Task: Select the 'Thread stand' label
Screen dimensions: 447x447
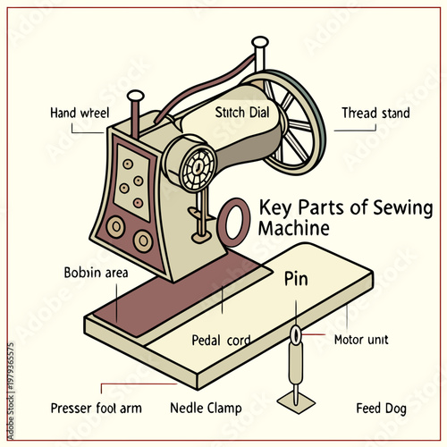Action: [x=375, y=113]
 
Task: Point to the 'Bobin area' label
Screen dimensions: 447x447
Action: [x=97, y=272]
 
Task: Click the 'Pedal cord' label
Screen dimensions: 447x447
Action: [x=221, y=340]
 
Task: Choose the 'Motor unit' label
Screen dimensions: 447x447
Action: [x=360, y=340]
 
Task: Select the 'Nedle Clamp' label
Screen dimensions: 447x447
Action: [x=206, y=409]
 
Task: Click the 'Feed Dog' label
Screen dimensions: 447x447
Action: [x=381, y=409]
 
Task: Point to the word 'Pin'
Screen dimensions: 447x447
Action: [x=296, y=279]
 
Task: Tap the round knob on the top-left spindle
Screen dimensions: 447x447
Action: [x=136, y=96]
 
